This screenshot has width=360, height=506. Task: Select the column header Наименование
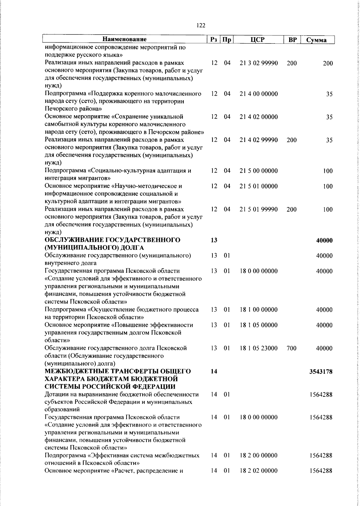[124, 39]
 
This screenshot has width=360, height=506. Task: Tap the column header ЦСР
[259, 40]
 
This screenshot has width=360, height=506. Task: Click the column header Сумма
[316, 40]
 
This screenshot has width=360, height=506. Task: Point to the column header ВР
[292, 40]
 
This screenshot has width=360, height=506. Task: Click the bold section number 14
[214, 372]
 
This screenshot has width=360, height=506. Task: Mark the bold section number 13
[214, 240]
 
